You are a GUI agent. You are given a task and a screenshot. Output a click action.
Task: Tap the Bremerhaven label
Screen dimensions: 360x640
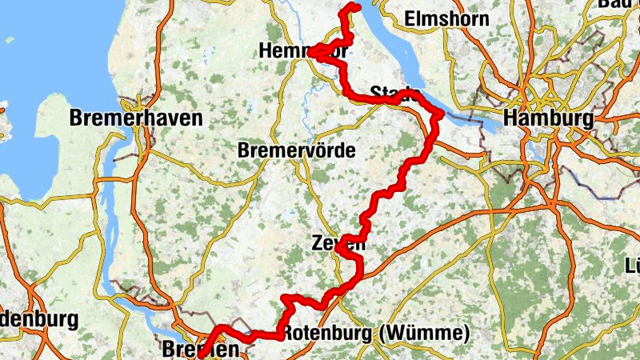(136, 119)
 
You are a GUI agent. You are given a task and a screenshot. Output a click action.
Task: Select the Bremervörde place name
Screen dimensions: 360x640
(297, 151)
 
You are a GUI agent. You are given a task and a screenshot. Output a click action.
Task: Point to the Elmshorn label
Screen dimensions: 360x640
(446, 18)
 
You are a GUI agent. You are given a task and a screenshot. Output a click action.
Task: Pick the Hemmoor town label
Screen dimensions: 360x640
(304, 51)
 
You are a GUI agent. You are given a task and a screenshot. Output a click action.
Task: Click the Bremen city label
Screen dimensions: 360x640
(200, 350)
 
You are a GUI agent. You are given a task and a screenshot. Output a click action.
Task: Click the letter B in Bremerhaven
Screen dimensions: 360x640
(77, 119)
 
